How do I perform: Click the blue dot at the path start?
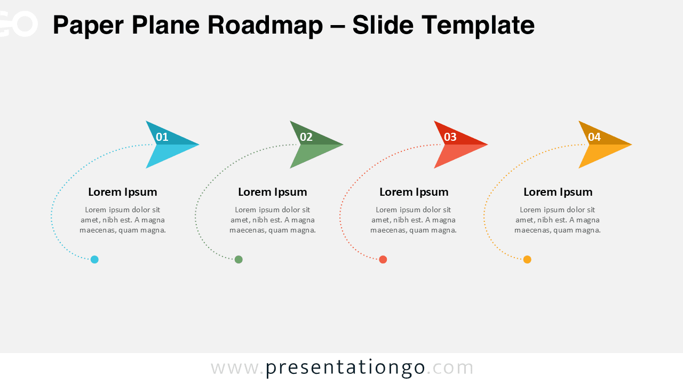94,260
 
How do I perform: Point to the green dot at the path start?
239,260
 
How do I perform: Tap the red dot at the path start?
383,260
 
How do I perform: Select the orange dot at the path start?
527,260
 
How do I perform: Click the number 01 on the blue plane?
162,137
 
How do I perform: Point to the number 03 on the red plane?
450,137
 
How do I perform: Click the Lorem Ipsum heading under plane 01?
123,192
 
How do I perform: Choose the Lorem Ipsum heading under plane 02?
273,192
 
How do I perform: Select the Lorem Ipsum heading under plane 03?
414,192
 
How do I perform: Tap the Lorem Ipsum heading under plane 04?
558,192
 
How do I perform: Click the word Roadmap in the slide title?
265,25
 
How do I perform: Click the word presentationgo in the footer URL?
345,367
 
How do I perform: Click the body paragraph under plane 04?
558,220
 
